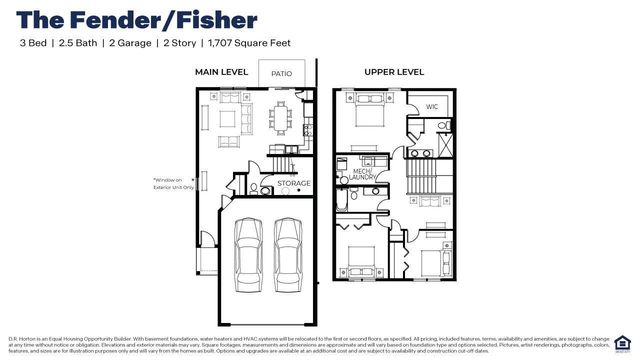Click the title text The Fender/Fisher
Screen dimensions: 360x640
[138, 19]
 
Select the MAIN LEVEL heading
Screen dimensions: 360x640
[220, 72]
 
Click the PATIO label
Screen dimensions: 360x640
[281, 74]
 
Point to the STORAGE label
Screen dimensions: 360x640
[294, 183]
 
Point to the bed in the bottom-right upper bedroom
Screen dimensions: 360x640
[432, 259]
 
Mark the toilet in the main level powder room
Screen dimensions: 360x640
[254, 187]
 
